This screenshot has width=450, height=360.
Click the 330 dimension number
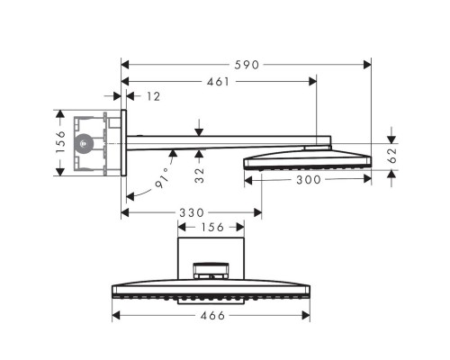(x=190, y=213)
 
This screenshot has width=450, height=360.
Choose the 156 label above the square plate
(x=211, y=229)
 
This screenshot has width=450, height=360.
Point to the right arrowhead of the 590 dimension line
(x=367, y=64)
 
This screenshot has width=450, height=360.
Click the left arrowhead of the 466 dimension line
(x=115, y=315)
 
